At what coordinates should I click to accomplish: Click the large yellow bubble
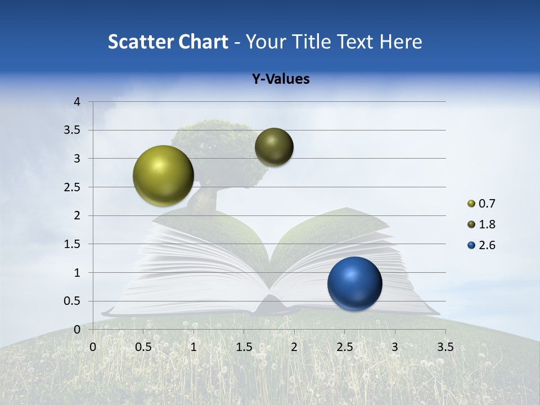[164, 175]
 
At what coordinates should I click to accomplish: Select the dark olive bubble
[274, 147]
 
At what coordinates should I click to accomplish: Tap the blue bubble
[355, 283]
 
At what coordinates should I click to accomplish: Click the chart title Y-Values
[281, 79]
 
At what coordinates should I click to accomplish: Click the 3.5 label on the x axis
[445, 346]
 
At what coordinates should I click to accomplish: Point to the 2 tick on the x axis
[294, 346]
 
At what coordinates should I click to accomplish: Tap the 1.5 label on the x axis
[244, 346]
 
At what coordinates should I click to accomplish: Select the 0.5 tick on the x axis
[143, 346]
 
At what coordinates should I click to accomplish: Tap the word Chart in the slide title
[202, 42]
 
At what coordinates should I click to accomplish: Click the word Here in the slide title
[400, 42]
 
